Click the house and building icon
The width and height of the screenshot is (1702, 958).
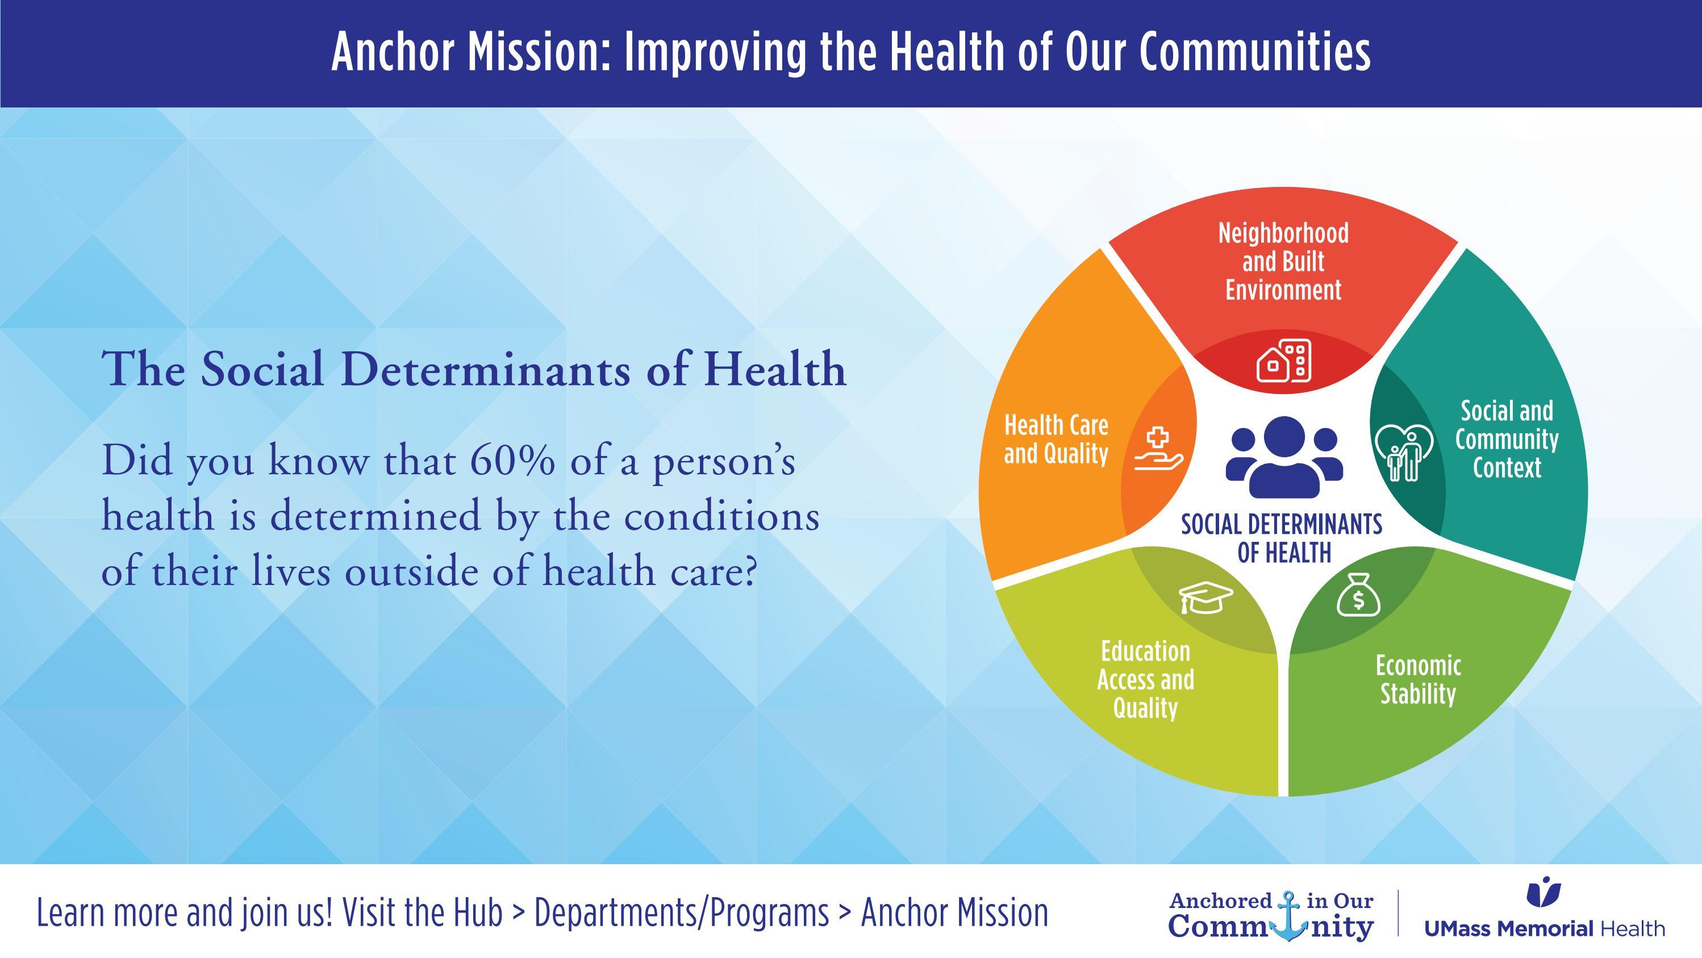[1284, 361]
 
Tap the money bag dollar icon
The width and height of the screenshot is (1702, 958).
[1358, 594]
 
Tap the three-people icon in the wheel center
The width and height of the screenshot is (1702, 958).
[1284, 457]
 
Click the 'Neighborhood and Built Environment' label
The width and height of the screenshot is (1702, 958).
[1283, 261]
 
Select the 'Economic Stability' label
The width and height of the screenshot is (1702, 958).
[1418, 679]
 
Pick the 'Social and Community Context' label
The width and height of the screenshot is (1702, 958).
[1507, 439]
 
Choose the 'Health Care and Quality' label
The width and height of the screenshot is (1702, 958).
[1056, 439]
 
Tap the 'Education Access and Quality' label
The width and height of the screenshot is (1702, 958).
[1146, 679]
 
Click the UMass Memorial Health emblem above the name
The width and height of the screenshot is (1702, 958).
[1544, 893]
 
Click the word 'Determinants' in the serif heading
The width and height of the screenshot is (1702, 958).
[487, 369]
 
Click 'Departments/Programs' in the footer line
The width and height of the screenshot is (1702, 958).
[681, 914]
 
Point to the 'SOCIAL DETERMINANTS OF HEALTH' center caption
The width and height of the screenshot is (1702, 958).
[1282, 538]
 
